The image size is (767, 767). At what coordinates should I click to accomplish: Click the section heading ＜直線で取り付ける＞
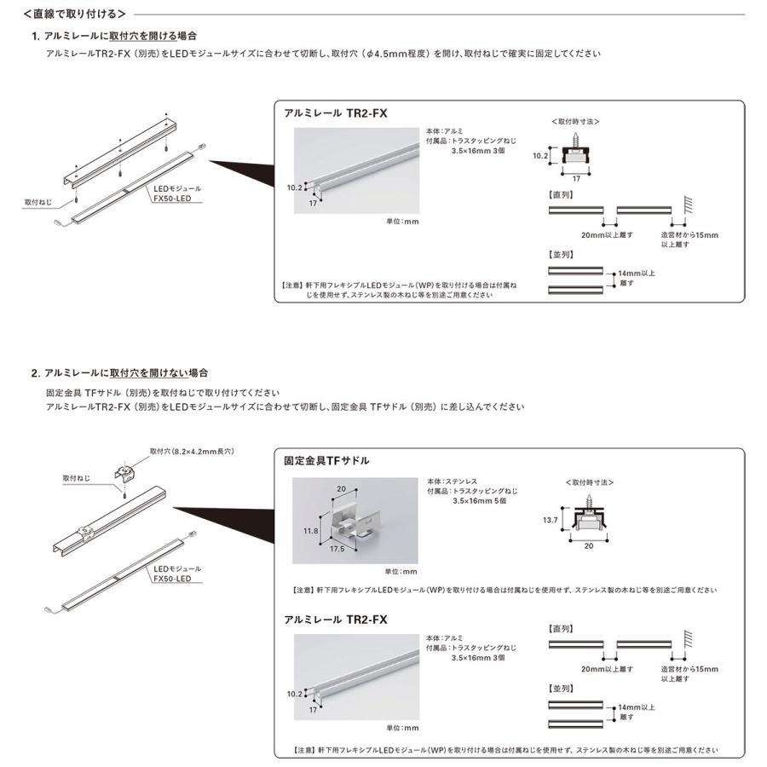coord(75,14)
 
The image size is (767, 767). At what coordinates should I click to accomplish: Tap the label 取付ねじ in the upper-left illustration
coord(39,202)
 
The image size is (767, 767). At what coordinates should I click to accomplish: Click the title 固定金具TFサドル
coord(326,460)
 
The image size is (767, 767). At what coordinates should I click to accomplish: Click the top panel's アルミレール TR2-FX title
coord(335,112)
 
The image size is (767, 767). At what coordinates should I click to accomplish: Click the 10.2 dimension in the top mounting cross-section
coord(539,156)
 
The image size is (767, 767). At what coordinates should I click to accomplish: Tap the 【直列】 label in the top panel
coord(561,195)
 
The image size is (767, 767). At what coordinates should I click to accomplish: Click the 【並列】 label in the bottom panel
coord(561,687)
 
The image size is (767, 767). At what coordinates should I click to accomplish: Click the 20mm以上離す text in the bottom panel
coord(607,668)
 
